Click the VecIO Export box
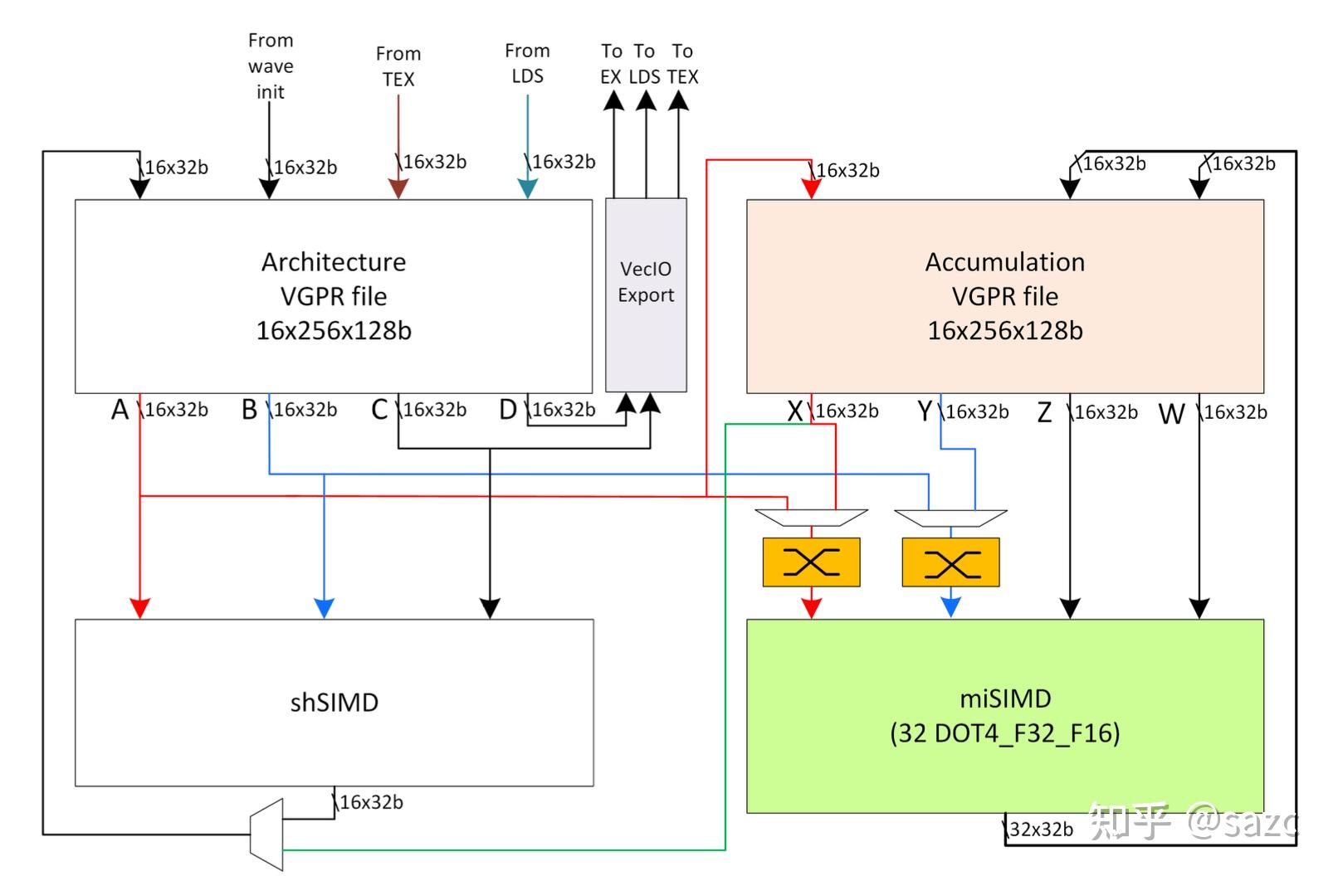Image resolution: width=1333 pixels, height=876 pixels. tap(646, 294)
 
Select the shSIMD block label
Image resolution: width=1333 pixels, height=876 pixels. tap(334, 703)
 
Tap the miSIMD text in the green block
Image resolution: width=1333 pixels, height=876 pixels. tap(1005, 698)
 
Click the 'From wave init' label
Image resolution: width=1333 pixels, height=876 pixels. tap(271, 66)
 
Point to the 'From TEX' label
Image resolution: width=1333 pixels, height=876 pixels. tap(398, 66)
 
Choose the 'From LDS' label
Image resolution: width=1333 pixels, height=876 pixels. tap(527, 64)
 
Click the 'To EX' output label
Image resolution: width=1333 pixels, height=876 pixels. tap(612, 64)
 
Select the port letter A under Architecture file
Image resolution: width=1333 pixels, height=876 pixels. tap(120, 410)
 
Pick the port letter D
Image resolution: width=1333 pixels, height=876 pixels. tap(508, 410)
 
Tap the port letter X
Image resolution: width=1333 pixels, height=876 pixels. tap(795, 411)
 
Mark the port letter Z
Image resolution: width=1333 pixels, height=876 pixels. tap(1045, 412)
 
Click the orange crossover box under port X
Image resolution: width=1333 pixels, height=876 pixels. tap(811, 562)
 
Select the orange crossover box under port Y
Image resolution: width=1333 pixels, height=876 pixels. tap(950, 562)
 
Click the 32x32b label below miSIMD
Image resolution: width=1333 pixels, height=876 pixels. tap(1041, 830)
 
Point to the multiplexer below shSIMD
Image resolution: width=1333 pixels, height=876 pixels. tap(266, 834)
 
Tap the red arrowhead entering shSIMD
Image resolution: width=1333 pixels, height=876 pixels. tap(140, 608)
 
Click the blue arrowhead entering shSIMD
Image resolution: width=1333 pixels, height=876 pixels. tap(325, 608)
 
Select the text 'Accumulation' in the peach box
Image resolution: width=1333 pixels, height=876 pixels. tap(1005, 262)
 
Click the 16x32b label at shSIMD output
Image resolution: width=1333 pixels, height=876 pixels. tap(371, 802)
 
